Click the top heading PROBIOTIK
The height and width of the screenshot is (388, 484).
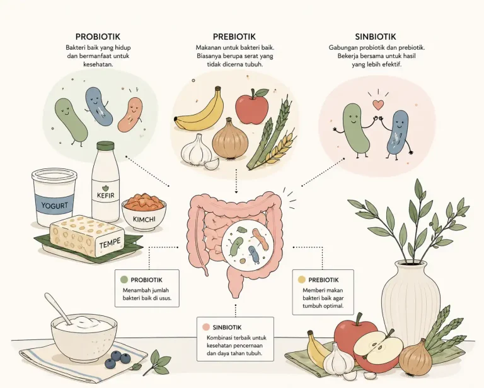pos(98,37)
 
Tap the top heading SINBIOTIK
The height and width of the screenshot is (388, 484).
pos(376,37)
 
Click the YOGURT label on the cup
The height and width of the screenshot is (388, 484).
pos(55,206)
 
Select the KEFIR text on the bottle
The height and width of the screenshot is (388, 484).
pos(106,195)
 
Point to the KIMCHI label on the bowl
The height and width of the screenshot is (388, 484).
pos(144,220)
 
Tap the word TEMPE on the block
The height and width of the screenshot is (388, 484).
pos(110,243)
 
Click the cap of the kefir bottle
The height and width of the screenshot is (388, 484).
pos(105,146)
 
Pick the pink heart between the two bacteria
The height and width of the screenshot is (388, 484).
pos(378,105)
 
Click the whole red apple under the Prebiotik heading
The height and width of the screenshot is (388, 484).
pos(252,106)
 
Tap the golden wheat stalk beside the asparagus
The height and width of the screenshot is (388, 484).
pos(279,148)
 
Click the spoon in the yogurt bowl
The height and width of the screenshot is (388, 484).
pos(59,309)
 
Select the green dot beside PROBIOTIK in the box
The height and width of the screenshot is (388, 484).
pos(124,279)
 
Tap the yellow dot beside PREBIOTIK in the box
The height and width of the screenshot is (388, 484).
pos(302,279)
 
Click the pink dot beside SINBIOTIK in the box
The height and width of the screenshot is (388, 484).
pos(206,327)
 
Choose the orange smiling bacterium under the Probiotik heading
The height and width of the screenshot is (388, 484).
pos(130,114)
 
